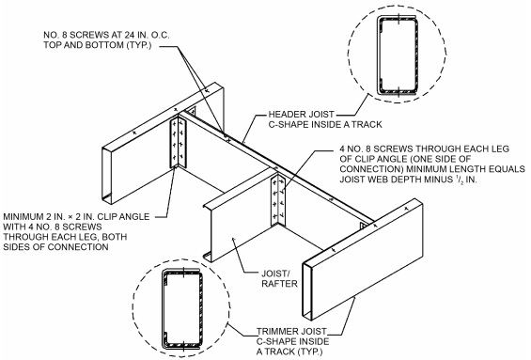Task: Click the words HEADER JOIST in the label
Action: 302,115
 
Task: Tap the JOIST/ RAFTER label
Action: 279,278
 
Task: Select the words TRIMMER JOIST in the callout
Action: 291,331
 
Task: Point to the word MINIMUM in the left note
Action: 23,217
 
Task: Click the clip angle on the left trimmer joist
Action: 178,143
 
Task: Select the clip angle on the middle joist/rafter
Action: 278,200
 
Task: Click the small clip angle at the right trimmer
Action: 364,226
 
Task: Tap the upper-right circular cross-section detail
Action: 397,55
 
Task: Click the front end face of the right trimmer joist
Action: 307,291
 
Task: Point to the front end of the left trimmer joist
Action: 107,176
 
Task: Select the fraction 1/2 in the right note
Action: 459,179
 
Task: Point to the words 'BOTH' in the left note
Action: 115,237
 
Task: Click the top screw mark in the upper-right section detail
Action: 399,18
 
